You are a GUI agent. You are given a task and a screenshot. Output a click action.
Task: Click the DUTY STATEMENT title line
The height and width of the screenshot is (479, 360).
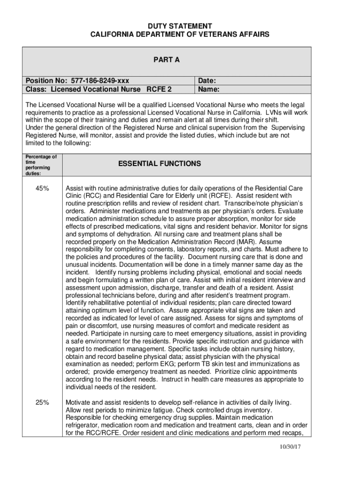(180, 26)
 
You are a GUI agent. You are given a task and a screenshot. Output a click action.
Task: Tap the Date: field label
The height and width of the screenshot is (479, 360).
(208, 81)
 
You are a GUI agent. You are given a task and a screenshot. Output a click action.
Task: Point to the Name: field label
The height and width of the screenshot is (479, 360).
(209, 89)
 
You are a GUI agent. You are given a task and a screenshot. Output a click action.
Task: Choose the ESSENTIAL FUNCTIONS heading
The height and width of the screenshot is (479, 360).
(159, 164)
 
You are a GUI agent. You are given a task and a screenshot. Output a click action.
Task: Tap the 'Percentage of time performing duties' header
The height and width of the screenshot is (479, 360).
(41, 165)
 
